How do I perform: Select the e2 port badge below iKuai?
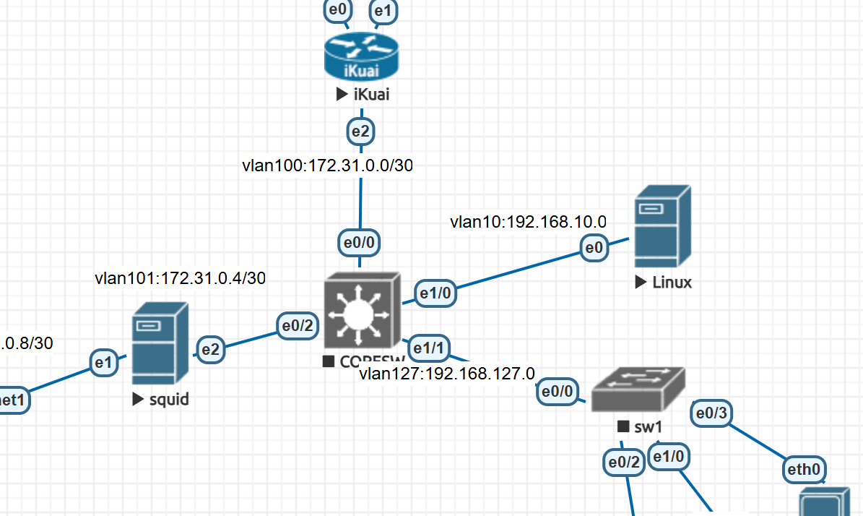pos(360,132)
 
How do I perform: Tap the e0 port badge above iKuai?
pos(338,11)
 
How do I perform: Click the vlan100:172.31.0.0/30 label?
pos(328,166)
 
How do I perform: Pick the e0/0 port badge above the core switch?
pos(360,243)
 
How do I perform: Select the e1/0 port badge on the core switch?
pos(435,292)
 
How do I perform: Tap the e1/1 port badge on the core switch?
pos(428,348)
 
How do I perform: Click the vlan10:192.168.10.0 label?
pos(528,221)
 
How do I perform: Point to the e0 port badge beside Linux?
pos(594,249)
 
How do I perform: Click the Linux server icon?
pos(662,225)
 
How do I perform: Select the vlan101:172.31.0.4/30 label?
pos(180,278)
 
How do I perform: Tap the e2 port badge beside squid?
pos(210,350)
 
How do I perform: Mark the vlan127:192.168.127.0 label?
pos(447,374)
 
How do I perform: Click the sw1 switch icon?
pos(638,390)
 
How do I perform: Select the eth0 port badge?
pos(804,470)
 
